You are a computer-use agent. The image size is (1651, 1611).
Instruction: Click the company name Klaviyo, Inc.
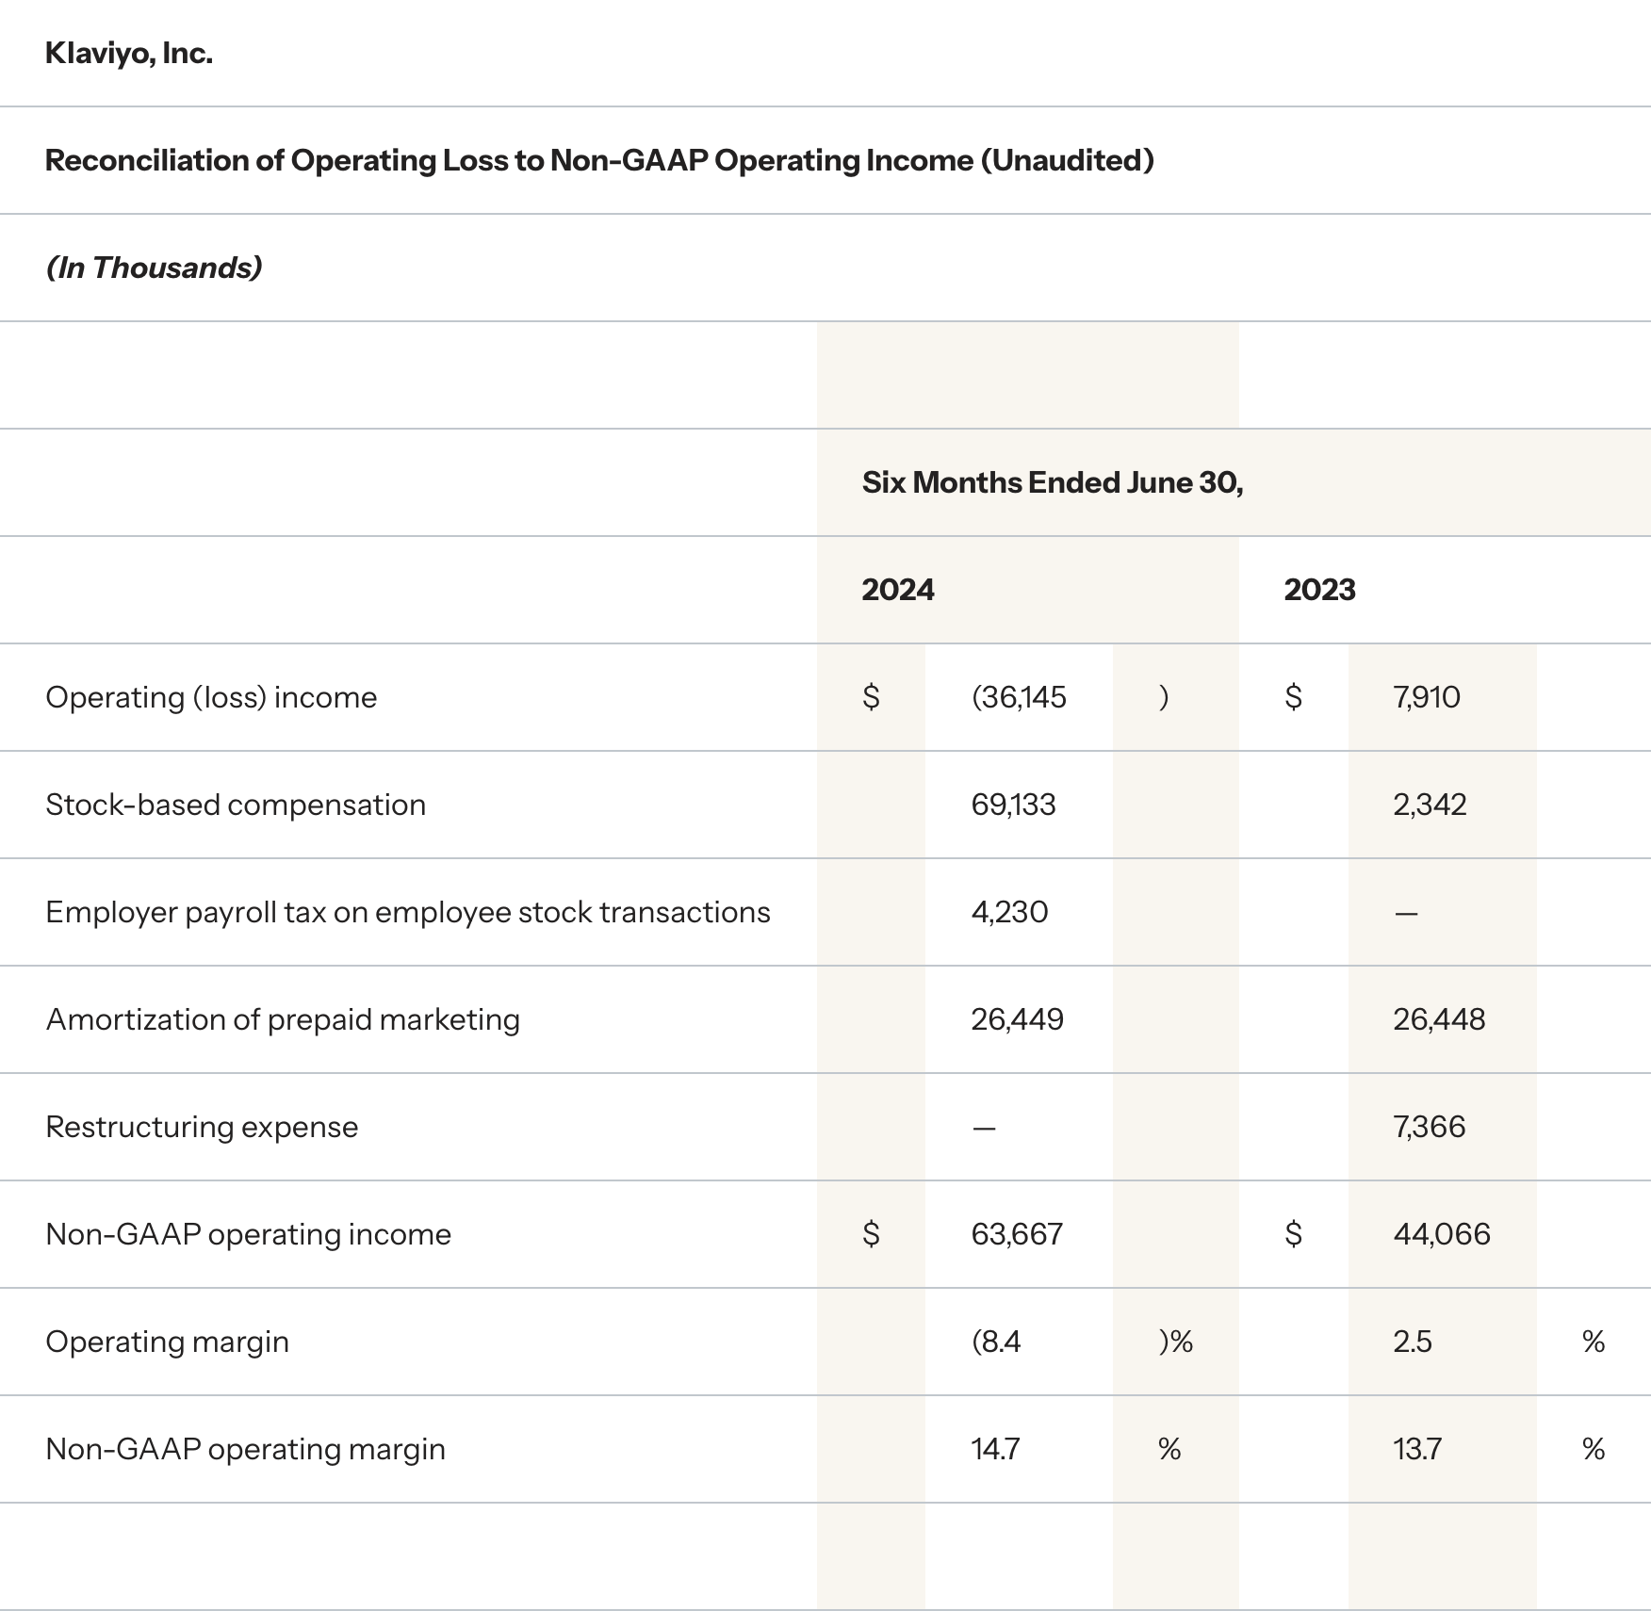click(129, 54)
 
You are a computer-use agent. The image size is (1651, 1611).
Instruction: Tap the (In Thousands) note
click(154, 268)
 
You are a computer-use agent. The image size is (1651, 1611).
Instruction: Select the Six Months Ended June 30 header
click(1052, 482)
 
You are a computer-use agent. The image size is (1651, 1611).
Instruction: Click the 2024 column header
click(897, 590)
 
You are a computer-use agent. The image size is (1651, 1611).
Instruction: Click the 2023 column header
click(1319, 590)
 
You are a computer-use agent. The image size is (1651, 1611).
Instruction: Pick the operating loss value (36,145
click(1019, 697)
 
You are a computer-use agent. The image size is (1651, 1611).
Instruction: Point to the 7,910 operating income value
click(1426, 697)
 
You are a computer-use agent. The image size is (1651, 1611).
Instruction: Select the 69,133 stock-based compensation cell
click(1013, 805)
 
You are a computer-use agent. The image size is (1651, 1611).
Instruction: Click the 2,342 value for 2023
click(1430, 805)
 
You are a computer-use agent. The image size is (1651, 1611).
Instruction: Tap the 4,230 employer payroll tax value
click(1009, 912)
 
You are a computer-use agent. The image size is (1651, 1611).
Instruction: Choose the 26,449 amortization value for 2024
click(1017, 1019)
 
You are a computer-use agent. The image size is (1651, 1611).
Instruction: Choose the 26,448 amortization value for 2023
click(1439, 1019)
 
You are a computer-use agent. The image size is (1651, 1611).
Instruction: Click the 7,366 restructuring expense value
click(1429, 1127)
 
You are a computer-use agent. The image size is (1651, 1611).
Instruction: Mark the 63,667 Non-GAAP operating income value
click(1017, 1234)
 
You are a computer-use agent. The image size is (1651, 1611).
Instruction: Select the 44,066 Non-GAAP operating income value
click(1442, 1234)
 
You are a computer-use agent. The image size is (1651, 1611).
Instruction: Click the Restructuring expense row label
click(202, 1127)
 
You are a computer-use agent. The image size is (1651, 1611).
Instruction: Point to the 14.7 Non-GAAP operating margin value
click(995, 1449)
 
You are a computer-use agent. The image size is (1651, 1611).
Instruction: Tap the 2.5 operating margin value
click(1412, 1342)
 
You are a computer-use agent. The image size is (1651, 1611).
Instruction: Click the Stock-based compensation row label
click(236, 805)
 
